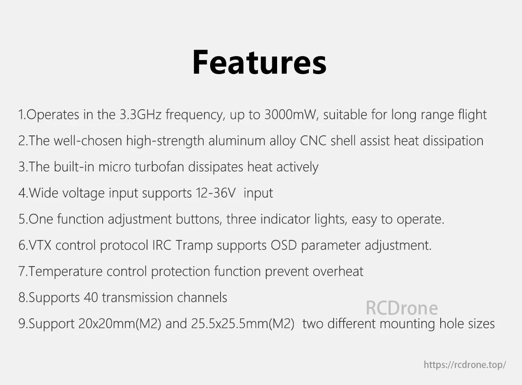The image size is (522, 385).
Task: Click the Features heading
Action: (x=259, y=63)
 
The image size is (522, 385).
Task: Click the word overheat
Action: (x=338, y=271)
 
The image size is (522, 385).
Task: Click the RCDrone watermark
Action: (x=402, y=308)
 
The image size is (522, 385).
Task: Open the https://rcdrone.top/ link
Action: (x=465, y=365)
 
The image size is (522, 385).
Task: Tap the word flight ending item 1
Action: (x=472, y=115)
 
